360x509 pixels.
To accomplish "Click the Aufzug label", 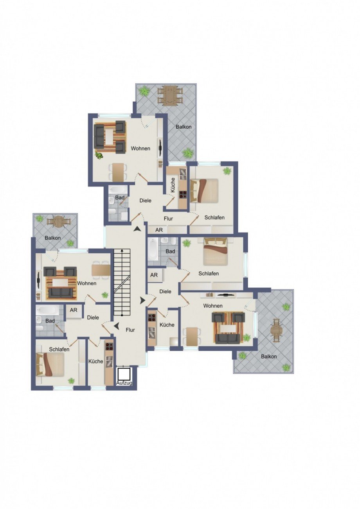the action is [x=124, y=383].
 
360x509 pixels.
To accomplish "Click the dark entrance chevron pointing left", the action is [x=117, y=326].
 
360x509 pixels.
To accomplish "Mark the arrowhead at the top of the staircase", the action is [x=122, y=250].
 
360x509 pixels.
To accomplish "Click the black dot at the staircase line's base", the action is [x=122, y=315].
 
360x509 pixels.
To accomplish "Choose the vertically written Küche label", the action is [x=173, y=185].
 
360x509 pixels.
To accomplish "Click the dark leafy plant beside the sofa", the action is [x=99, y=156].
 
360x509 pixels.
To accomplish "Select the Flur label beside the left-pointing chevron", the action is [x=130, y=330].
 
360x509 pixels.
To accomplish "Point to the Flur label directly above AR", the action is [x=168, y=219].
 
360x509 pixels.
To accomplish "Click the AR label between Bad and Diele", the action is [x=74, y=310].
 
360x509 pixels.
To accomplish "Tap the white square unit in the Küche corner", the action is [x=174, y=342].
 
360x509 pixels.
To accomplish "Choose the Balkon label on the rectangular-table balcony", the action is [x=184, y=127].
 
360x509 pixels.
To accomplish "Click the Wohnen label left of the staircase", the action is [x=86, y=283].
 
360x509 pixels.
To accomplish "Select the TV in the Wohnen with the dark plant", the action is [x=160, y=148].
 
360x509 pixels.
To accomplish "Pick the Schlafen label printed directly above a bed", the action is [x=59, y=349].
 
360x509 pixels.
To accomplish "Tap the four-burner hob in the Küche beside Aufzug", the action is [x=108, y=346].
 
